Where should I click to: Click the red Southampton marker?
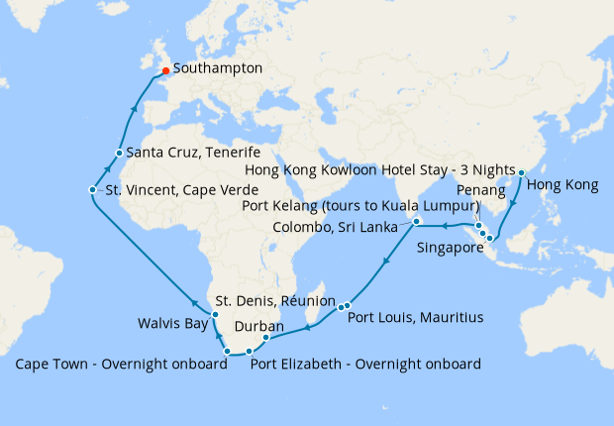click(x=164, y=70)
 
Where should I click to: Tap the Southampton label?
click(x=217, y=69)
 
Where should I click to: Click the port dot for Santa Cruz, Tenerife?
click(x=118, y=153)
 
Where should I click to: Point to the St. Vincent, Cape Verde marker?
click(x=91, y=189)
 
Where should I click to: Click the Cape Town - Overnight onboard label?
click(x=122, y=364)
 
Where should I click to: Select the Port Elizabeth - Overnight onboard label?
click(x=365, y=364)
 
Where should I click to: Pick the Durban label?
click(x=259, y=326)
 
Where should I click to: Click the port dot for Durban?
click(x=266, y=339)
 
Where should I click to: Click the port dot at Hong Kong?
click(x=520, y=173)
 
